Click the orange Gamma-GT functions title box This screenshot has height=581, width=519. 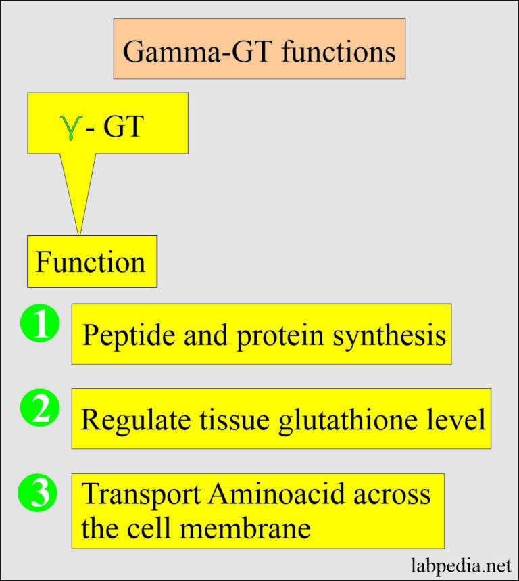[259, 49]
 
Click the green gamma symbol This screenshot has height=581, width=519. [68, 127]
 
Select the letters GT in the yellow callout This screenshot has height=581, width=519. [123, 126]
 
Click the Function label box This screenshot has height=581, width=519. [92, 261]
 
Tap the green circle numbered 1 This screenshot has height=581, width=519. [41, 325]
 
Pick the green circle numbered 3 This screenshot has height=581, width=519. [41, 494]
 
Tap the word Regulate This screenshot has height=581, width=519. [126, 420]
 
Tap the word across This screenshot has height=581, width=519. [394, 494]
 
